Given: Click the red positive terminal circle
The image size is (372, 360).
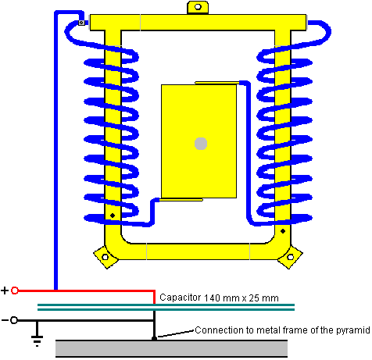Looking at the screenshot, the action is (x=15, y=290).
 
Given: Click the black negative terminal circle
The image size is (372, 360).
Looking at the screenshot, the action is (x=14, y=320).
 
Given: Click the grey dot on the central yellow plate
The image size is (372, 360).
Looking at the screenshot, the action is (x=201, y=144).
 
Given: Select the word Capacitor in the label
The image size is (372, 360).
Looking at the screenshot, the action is (x=181, y=298).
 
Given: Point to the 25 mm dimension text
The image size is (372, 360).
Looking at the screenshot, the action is (x=263, y=298).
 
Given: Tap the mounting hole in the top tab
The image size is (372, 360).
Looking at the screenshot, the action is (x=198, y=7).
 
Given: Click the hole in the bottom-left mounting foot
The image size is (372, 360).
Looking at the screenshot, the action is (x=106, y=257).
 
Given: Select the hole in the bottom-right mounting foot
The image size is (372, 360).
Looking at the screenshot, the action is (x=290, y=257).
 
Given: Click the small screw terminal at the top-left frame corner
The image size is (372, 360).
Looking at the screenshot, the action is (x=81, y=23).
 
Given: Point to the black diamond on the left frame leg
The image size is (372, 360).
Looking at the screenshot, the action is (x=113, y=216).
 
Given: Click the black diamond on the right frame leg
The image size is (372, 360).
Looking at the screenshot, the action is (x=283, y=231).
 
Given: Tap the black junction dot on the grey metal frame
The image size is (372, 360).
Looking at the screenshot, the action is (x=154, y=338).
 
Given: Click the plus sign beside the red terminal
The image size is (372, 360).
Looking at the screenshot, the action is (x=5, y=290).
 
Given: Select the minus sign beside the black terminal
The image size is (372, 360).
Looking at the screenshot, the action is (x=5, y=320).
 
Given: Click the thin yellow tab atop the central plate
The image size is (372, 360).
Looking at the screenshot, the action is (x=217, y=83).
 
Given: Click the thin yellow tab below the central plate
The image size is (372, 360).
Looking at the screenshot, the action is (x=181, y=200).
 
